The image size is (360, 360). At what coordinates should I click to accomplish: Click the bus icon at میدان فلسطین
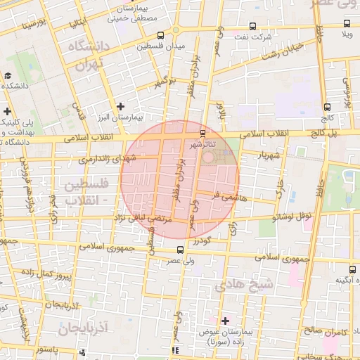161,35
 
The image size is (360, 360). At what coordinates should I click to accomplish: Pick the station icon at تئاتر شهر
203,134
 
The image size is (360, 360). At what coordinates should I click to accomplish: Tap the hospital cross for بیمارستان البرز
121,105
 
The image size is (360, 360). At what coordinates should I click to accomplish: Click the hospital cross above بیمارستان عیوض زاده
225,321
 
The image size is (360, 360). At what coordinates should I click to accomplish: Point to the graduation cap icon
7,76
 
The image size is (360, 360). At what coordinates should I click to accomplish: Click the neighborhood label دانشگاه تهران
86,55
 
